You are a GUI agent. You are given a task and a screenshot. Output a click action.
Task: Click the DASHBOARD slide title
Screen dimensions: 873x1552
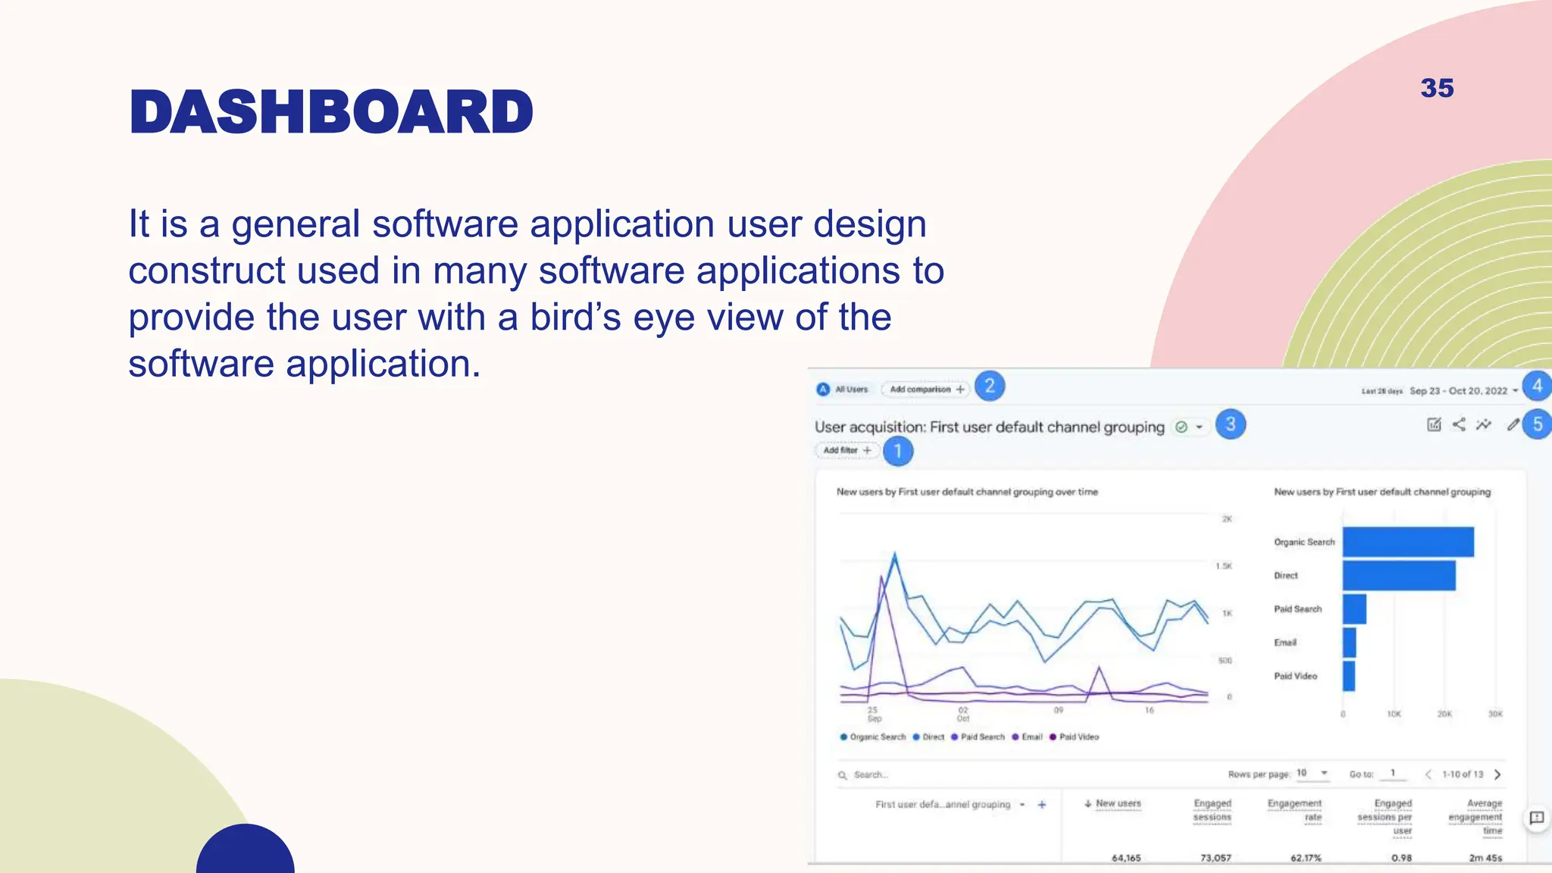pyautogui.click(x=331, y=112)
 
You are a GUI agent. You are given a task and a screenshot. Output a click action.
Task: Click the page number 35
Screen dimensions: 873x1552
pyautogui.click(x=1437, y=88)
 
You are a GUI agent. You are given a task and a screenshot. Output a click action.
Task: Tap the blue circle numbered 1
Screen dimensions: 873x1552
pyautogui.click(x=898, y=451)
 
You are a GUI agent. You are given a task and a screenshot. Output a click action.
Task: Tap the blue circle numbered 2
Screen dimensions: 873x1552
pyautogui.click(x=989, y=386)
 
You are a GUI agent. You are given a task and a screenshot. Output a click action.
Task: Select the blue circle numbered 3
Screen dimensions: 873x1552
pyautogui.click(x=1230, y=424)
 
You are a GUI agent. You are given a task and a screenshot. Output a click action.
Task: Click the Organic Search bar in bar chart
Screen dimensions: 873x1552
pyautogui.click(x=1408, y=542)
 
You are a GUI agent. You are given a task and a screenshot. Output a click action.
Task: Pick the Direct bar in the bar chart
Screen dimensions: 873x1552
pyautogui.click(x=1399, y=575)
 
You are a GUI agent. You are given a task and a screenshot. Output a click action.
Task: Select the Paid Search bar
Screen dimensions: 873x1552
pyautogui.click(x=1354, y=609)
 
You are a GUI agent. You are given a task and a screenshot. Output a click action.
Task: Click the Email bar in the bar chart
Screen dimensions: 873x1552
pyautogui.click(x=1349, y=642)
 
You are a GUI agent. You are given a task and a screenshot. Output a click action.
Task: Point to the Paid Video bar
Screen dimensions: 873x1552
pyautogui.click(x=1348, y=675)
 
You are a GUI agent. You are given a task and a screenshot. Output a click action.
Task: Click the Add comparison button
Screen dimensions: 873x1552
pyautogui.click(x=925, y=389)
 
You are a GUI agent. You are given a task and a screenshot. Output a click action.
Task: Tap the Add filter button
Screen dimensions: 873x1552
pyautogui.click(x=846, y=450)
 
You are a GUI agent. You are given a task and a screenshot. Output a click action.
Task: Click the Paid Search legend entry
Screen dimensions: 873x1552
pyautogui.click(x=978, y=737)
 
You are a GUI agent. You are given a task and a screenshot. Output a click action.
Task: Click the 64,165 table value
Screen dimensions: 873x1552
pyautogui.click(x=1126, y=858)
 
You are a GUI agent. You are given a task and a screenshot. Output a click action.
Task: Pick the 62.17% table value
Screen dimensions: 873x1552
pyautogui.click(x=1306, y=858)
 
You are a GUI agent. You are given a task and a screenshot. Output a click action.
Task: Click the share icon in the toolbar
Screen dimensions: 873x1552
pyautogui.click(x=1459, y=424)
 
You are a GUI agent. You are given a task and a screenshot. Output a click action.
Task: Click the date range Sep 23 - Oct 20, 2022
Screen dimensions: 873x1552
pyautogui.click(x=1458, y=391)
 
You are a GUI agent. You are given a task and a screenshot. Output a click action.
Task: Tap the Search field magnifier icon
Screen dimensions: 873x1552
pyautogui.click(x=842, y=775)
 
